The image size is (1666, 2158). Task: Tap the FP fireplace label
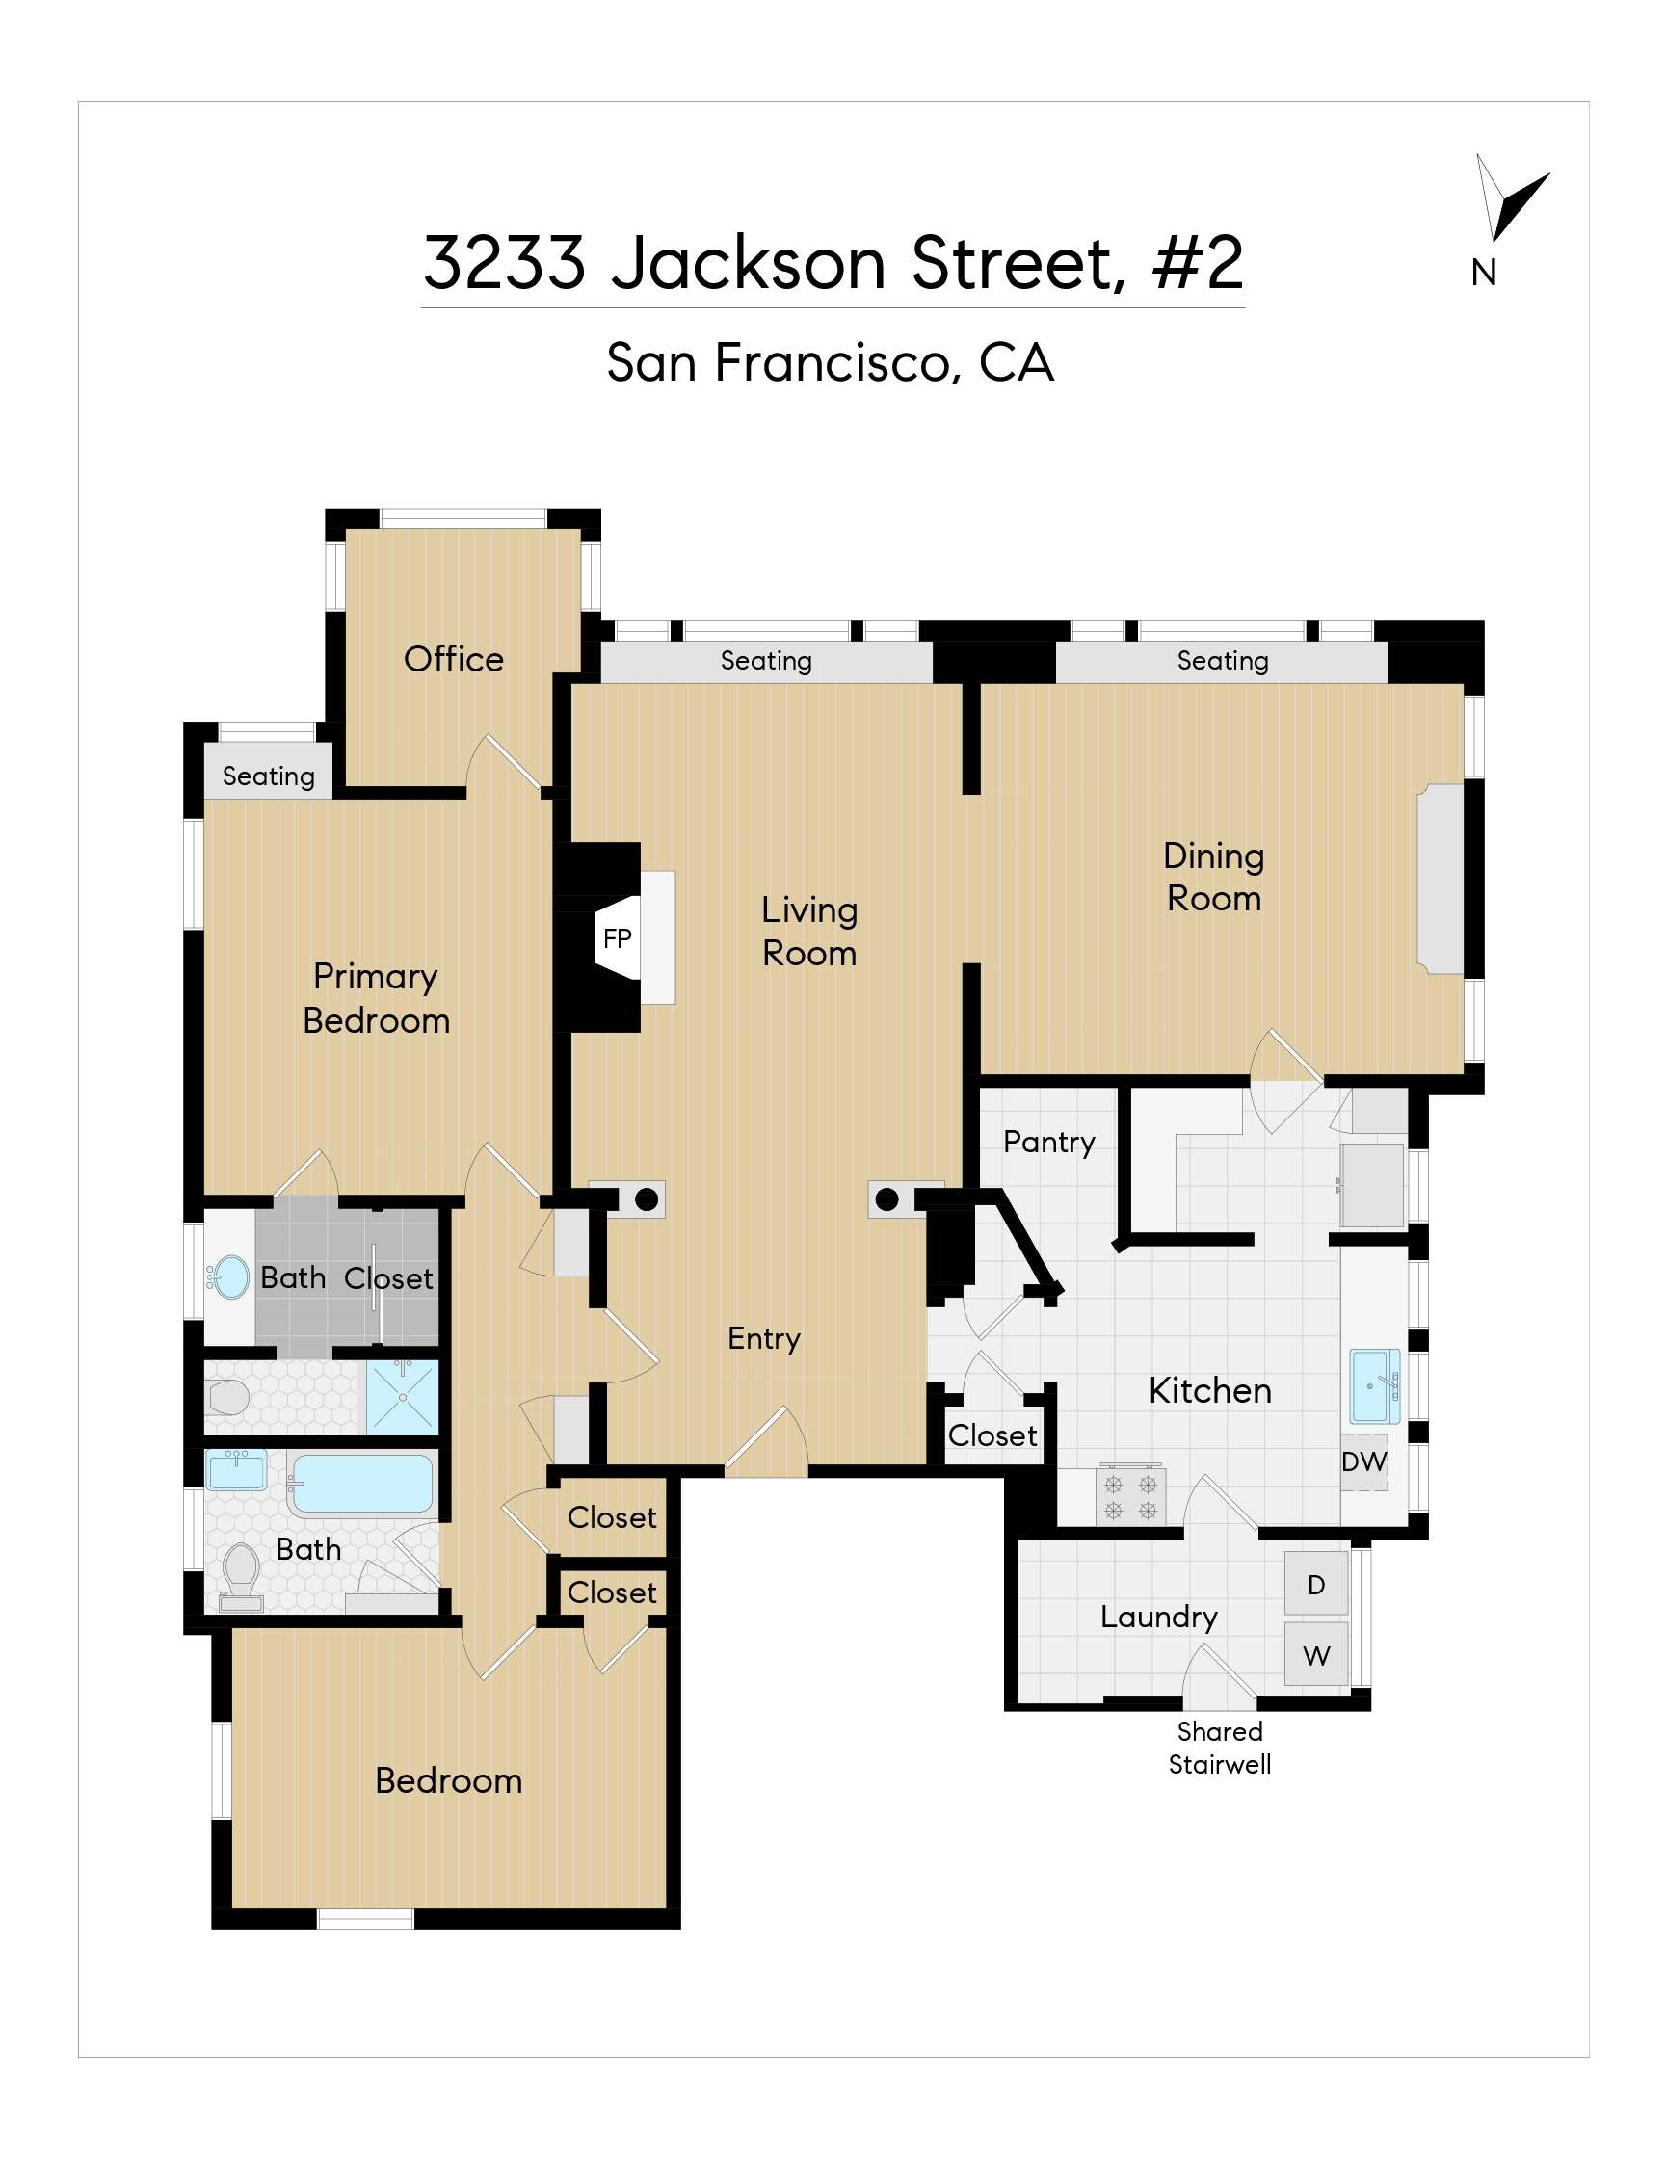[x=617, y=938]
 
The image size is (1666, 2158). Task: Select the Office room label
[x=454, y=659]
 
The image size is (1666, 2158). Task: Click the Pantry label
[x=1048, y=1143]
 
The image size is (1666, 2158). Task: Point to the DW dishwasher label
[x=1363, y=1461]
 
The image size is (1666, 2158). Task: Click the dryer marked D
[x=1316, y=1586]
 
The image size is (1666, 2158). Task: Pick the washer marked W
[x=1316, y=1656]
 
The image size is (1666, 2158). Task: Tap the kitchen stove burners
[x=1130, y=1496]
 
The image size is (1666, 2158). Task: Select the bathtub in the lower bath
[x=361, y=1485]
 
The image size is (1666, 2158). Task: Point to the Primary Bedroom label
[x=377, y=998]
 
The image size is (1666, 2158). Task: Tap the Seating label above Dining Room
[x=1223, y=660]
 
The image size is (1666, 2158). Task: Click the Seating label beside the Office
[x=269, y=776]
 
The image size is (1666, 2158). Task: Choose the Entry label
[x=764, y=1339]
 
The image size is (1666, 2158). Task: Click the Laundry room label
[x=1159, y=1618]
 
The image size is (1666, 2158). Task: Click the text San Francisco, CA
[x=830, y=362]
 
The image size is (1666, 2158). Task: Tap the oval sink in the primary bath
[x=232, y=1278]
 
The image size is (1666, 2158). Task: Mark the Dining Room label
[x=1214, y=878]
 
